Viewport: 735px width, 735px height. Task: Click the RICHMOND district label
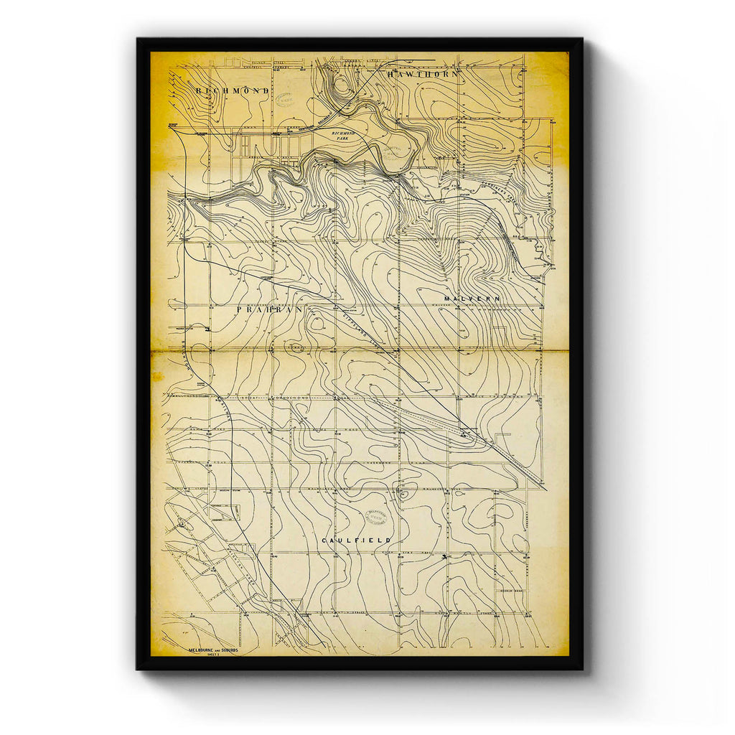click(232, 91)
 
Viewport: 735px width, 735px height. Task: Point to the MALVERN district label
click(471, 298)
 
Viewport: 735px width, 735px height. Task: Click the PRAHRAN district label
click(270, 310)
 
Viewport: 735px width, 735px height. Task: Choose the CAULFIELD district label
click(357, 540)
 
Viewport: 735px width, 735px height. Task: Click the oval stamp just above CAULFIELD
click(379, 516)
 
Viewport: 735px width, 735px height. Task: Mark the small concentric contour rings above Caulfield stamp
click(403, 492)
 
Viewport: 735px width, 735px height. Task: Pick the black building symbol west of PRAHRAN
click(208, 329)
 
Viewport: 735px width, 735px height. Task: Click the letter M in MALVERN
click(446, 298)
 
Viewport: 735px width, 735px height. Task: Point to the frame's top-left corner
click(138, 39)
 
